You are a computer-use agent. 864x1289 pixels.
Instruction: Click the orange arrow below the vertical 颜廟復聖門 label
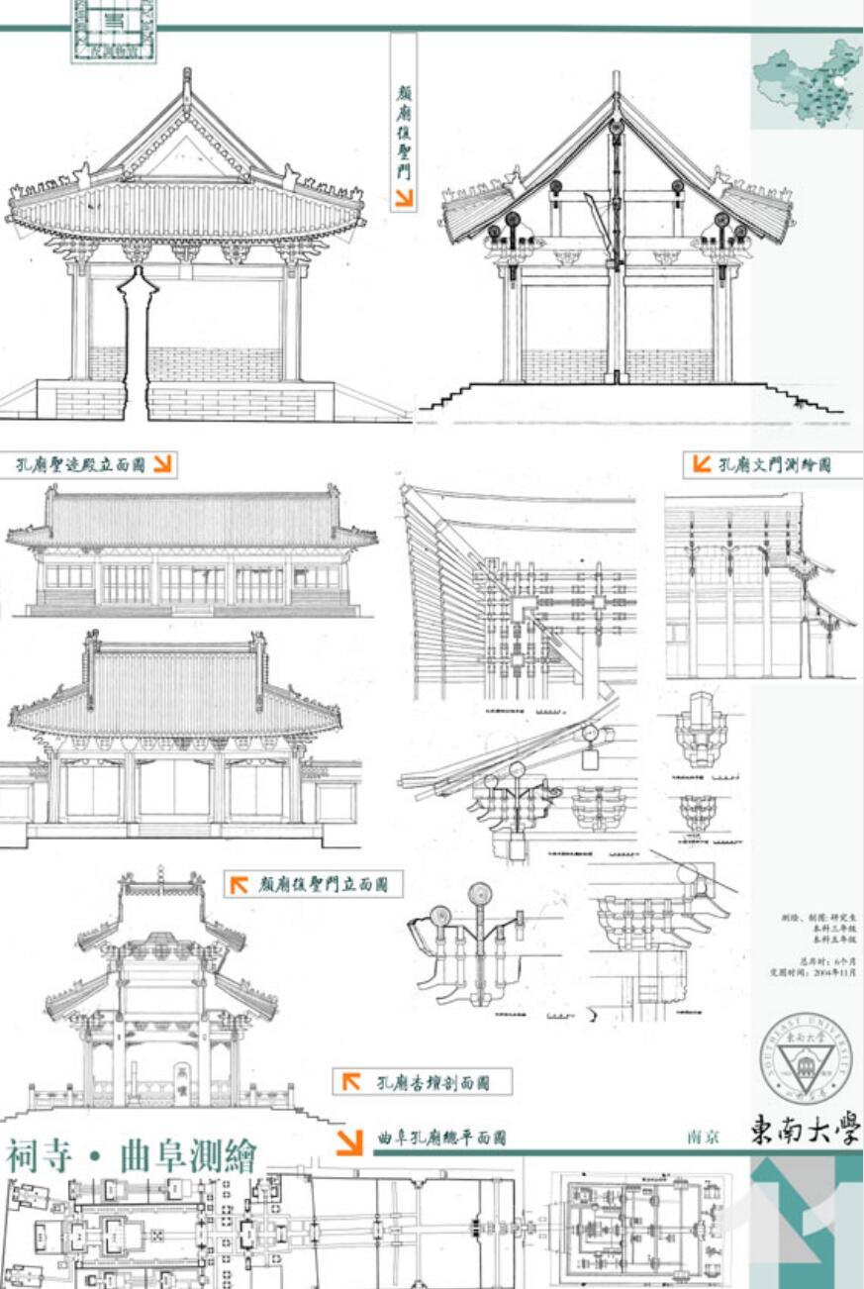tap(403, 198)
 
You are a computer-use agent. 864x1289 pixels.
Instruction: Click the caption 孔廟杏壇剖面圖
tap(428, 1082)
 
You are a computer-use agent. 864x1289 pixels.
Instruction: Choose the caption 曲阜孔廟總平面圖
tap(441, 1139)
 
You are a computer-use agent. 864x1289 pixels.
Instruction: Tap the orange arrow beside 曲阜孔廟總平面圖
tap(349, 1141)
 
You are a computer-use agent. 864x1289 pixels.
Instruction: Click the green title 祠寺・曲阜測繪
tap(131, 1155)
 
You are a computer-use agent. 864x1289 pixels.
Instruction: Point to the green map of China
tap(805, 87)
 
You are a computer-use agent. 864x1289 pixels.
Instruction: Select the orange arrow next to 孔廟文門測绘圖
tap(702, 463)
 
